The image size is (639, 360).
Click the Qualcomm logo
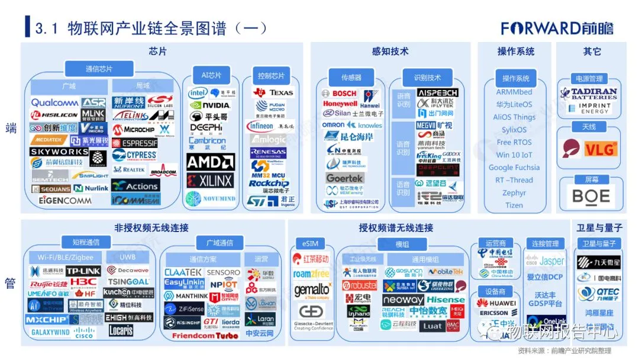(54, 102)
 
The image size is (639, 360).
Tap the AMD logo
(211, 162)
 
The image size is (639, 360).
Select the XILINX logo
(211, 180)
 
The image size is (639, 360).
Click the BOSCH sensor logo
(340, 94)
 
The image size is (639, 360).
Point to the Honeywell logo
(340, 104)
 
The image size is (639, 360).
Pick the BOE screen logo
(591, 196)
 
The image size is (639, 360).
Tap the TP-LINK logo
(83, 271)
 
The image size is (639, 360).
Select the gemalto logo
(312, 290)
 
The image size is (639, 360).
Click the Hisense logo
(446, 300)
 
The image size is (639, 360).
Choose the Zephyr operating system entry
(514, 192)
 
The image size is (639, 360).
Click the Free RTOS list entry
(514, 142)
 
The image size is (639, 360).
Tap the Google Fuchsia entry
(514, 168)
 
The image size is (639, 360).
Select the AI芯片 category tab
(211, 75)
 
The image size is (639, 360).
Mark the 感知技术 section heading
(390, 52)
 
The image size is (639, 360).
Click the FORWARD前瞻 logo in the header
(557, 28)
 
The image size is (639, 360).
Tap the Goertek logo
(344, 178)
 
